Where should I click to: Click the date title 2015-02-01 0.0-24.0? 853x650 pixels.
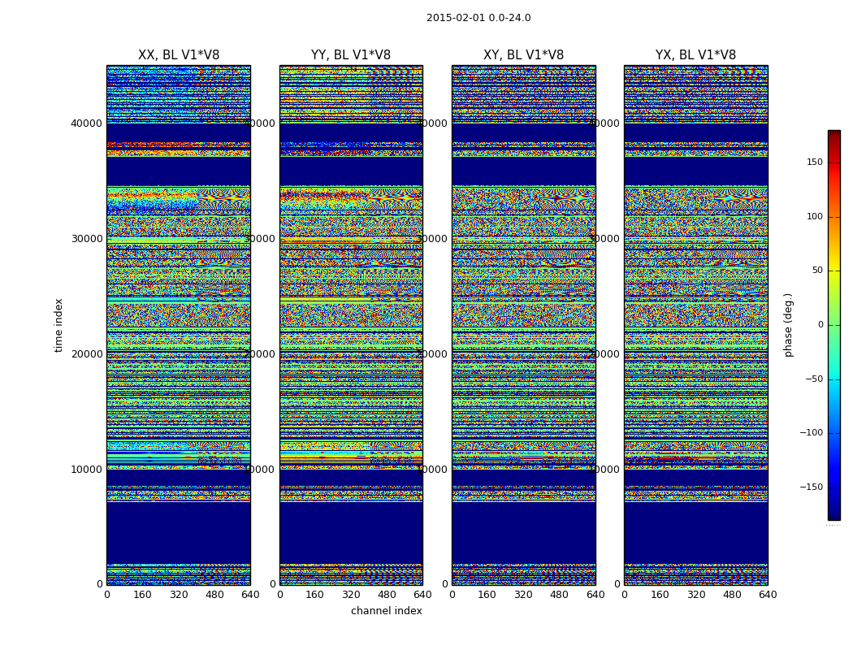(478, 18)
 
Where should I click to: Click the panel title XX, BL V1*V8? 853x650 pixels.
(179, 55)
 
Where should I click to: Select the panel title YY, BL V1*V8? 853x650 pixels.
(351, 55)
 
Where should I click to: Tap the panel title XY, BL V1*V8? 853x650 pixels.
(523, 55)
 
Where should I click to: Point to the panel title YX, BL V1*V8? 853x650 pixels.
(695, 55)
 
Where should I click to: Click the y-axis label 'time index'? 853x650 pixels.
(58, 324)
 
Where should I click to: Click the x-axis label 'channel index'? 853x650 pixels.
(387, 611)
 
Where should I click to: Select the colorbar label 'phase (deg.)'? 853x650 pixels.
(788, 324)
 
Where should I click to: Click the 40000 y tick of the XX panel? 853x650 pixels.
(87, 123)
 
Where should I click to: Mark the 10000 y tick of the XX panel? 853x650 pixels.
(87, 469)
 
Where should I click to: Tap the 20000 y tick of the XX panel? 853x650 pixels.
(87, 353)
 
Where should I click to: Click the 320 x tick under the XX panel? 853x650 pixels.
(179, 595)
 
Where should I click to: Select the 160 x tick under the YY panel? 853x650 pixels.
(315, 595)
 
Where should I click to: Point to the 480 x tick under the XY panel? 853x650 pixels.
(560, 595)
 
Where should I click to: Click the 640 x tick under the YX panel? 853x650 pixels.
(768, 595)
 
